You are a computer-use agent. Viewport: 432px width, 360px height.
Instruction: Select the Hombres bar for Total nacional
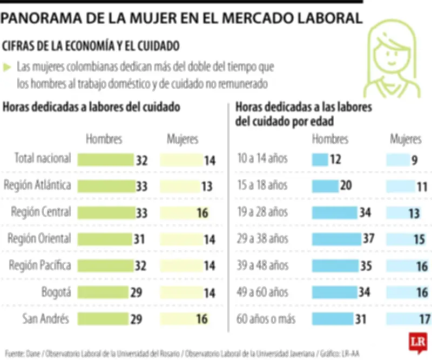[105, 159]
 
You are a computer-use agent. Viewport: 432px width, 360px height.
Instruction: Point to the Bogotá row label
[56, 292]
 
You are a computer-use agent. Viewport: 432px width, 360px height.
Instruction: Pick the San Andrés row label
[46, 318]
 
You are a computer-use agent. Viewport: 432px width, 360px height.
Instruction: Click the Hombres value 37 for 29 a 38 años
[368, 239]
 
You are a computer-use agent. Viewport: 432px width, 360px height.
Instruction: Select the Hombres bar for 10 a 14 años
[320, 159]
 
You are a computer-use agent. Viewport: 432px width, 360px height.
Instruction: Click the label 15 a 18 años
[262, 185]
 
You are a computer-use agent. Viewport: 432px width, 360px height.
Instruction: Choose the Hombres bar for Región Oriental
[104, 239]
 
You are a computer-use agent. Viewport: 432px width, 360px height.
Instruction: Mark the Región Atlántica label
[37, 185]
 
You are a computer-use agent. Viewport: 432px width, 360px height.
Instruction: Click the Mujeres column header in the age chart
[406, 139]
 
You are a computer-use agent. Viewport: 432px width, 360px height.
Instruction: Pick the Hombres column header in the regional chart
[104, 139]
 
